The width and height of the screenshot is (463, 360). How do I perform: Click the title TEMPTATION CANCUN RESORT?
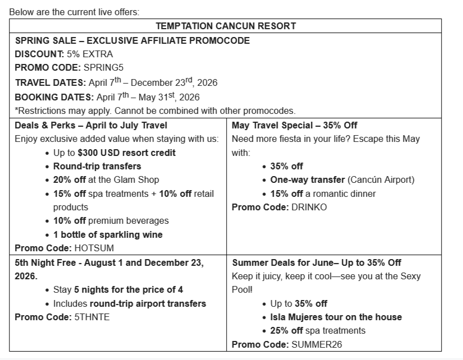226,26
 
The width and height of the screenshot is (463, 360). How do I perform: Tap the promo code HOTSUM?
90,248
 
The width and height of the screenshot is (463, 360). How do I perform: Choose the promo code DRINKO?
309,207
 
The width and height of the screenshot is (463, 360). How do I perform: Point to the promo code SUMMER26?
317,344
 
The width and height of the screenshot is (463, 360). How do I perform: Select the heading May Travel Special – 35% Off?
294,125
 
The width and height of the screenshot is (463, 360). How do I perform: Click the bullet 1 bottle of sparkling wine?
108,234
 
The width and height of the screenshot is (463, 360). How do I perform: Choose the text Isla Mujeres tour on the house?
336,317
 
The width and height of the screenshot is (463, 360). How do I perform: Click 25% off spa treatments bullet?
318,330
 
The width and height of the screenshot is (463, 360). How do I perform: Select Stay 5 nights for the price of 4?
118,289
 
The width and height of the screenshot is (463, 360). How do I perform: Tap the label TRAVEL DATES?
51,82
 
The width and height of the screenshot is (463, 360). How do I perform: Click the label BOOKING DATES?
54,97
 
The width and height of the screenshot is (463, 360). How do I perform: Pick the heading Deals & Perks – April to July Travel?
91,125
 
